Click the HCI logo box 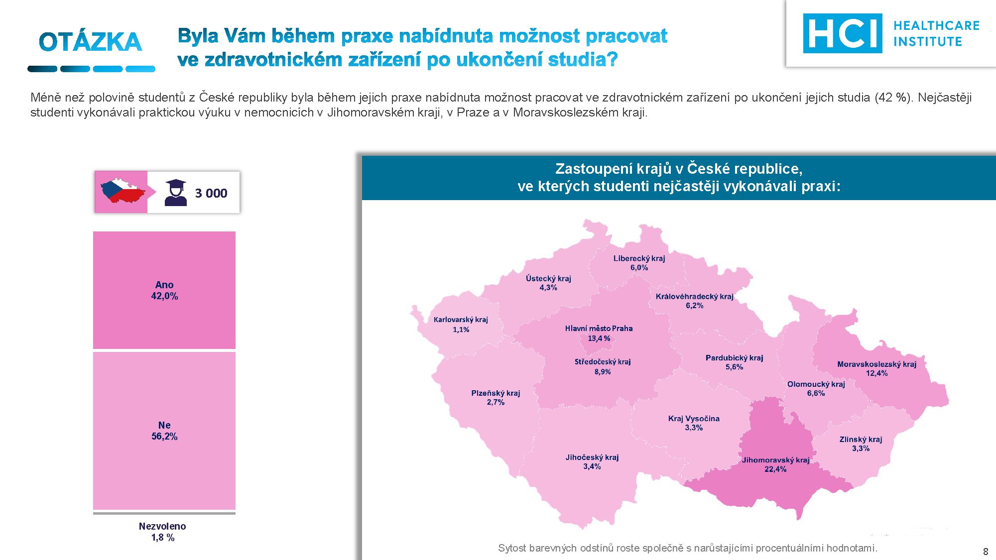coord(842,33)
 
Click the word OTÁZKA coord(91,42)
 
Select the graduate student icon coord(175,193)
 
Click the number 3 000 coord(211,193)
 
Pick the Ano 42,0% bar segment coord(164,290)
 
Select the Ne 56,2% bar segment coord(164,431)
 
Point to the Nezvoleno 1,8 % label coord(163,532)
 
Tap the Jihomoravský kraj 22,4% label coord(776,464)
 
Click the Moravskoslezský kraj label coord(876,364)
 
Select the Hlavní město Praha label coord(599,329)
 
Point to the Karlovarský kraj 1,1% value coord(461,330)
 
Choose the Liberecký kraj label coord(639,258)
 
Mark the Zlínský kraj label coord(861,439)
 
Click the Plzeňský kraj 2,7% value coord(496,402)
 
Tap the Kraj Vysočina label coord(694,419)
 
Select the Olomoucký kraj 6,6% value coord(816,393)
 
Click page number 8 coord(986,552)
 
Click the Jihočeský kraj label coord(592,457)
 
